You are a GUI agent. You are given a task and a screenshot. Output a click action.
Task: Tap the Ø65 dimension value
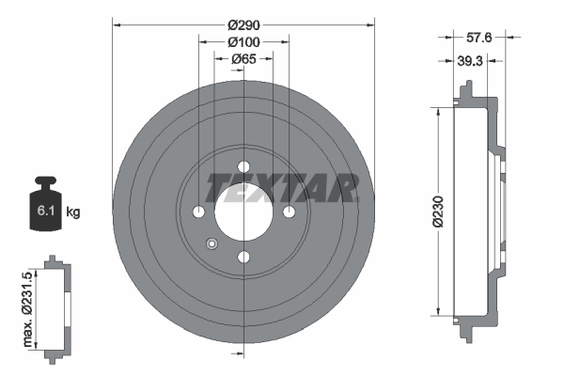pyautogui.click(x=243, y=59)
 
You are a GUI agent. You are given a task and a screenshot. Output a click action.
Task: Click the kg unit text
pyautogui.click(x=73, y=212)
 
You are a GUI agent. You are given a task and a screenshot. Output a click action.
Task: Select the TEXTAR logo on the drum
pyautogui.click(x=282, y=188)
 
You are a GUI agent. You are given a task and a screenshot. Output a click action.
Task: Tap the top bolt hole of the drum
pyautogui.click(x=243, y=166)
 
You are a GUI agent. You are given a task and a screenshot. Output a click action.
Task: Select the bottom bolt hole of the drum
pyautogui.click(x=243, y=257)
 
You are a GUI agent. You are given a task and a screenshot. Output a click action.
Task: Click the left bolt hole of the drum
pyautogui.click(x=198, y=211)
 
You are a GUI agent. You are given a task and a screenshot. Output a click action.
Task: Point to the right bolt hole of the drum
pyautogui.click(x=289, y=211)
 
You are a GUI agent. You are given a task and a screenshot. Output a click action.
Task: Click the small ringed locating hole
pyautogui.click(x=211, y=244)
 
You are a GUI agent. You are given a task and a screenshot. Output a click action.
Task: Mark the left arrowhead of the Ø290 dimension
pyautogui.click(x=116, y=25)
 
